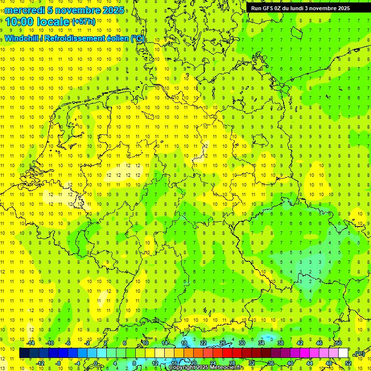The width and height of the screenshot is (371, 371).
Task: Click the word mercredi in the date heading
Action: [25, 10]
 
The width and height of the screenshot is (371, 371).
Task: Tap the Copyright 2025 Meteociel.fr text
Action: [206, 368]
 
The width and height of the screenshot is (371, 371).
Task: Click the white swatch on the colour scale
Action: [343, 353]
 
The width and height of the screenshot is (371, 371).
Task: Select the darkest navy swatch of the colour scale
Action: [24, 353]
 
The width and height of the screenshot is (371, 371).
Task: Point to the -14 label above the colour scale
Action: [30, 343]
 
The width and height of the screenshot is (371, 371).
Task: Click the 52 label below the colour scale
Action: [348, 363]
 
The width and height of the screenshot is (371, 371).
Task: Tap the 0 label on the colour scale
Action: [96, 363]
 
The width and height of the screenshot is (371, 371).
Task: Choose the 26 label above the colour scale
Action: [222, 343]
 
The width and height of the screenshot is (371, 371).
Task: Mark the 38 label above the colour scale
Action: [280, 343]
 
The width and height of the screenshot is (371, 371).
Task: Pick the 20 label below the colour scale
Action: [193, 363]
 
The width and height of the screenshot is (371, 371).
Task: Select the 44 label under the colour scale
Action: [309, 363]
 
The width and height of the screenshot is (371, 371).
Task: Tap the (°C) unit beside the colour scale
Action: [359, 354]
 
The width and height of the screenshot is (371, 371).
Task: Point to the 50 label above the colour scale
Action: [338, 343]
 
